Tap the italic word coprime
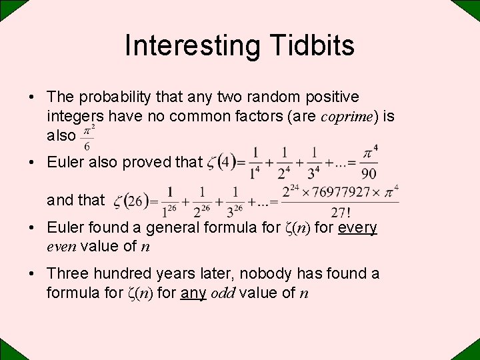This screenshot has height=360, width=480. tap(347, 116)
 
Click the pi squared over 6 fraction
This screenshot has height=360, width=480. tap(87, 137)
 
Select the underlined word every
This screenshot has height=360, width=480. tap(358, 227)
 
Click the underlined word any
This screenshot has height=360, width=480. tap(194, 292)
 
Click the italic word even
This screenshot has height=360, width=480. tap(61, 246)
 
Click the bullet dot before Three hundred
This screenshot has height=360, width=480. tap(32, 274)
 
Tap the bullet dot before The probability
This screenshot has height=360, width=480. tap(32, 98)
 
